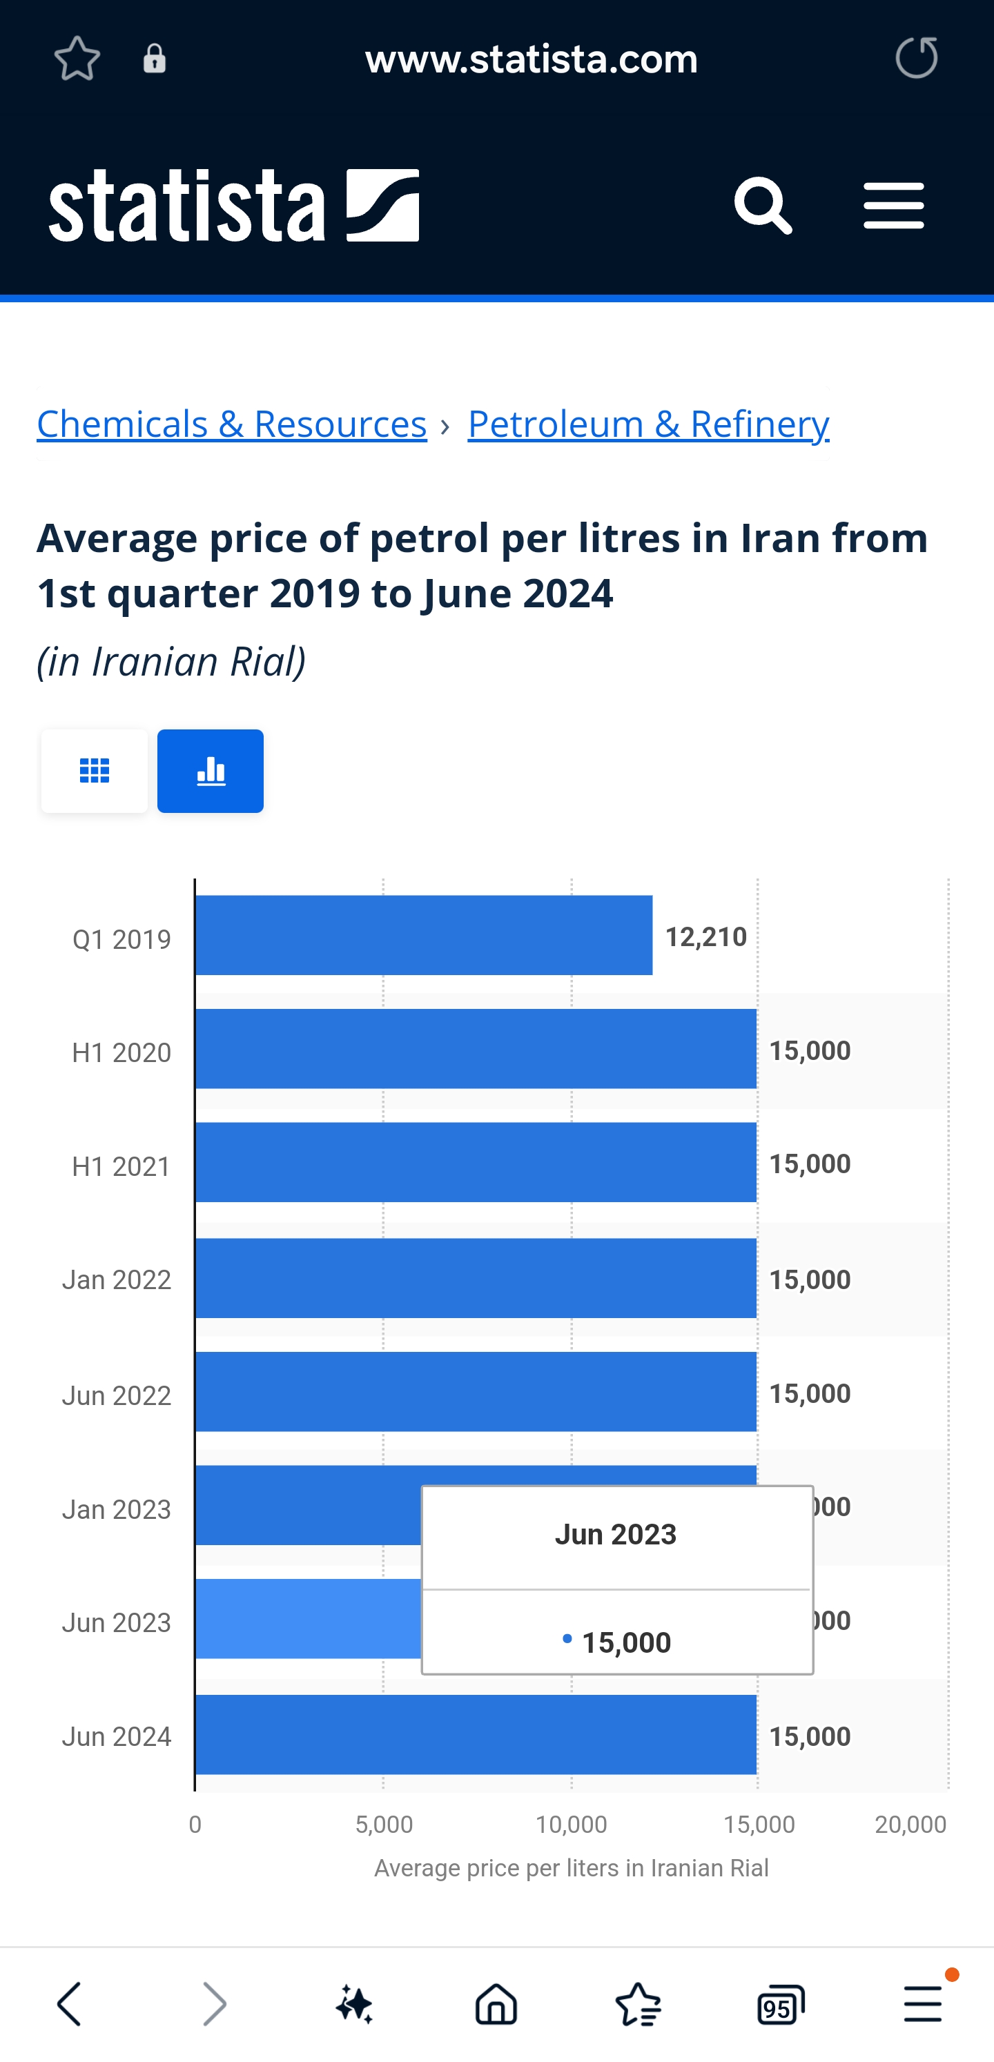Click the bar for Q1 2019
click(x=423, y=935)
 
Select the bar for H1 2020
click(x=476, y=1049)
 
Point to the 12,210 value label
click(x=705, y=936)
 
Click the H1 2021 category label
click(x=121, y=1166)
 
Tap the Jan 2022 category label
click(x=117, y=1280)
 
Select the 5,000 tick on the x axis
click(x=384, y=1824)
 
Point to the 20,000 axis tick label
click(x=910, y=1824)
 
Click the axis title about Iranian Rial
click(x=571, y=1868)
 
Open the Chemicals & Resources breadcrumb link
click(x=231, y=424)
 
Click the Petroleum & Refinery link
click(x=648, y=424)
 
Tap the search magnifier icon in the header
click(x=763, y=206)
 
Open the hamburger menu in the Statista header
click(x=893, y=206)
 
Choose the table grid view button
click(x=95, y=771)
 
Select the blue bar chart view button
click(x=211, y=771)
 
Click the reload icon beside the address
click(x=915, y=58)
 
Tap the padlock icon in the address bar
click(x=155, y=59)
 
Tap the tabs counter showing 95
click(x=780, y=2003)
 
